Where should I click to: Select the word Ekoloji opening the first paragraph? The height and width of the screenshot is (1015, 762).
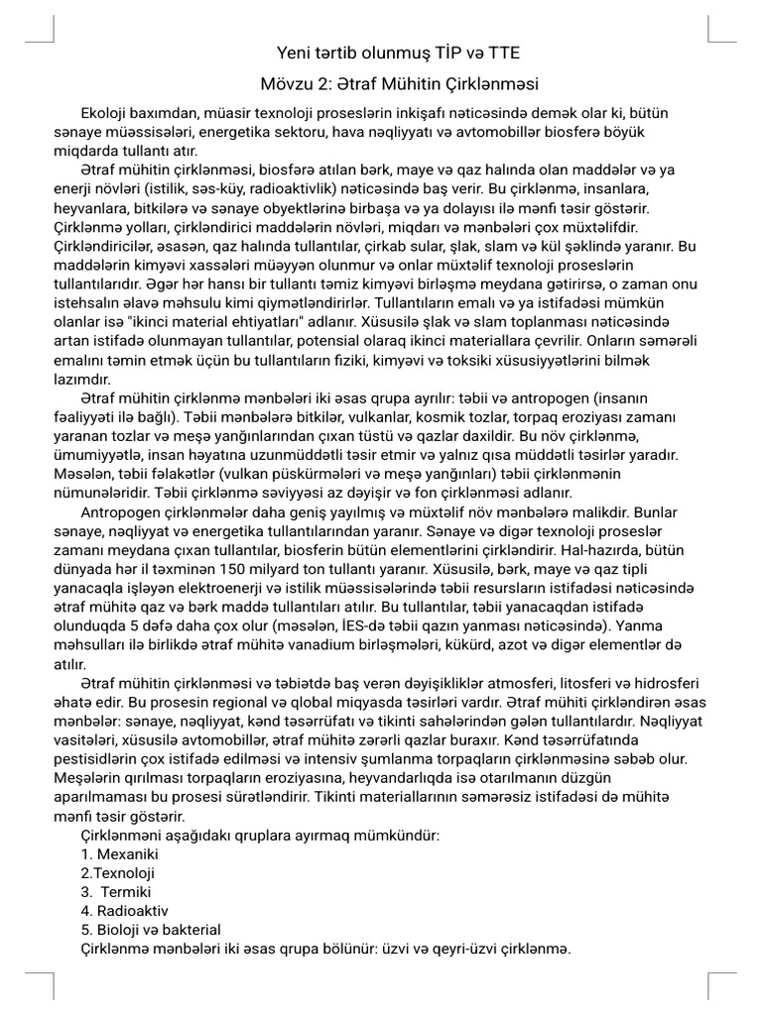(108, 116)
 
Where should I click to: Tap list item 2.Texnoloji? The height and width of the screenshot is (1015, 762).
(117, 873)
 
